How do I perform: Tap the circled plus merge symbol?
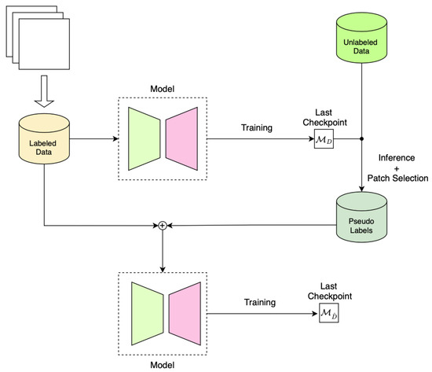tap(163, 226)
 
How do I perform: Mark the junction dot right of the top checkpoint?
tap(361, 140)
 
